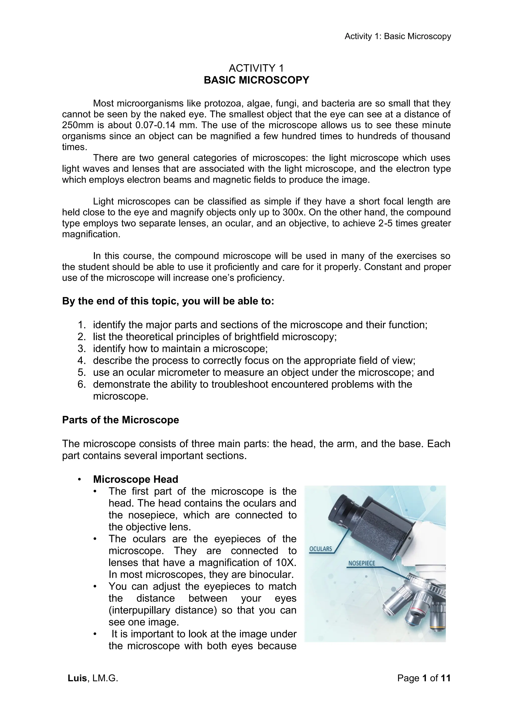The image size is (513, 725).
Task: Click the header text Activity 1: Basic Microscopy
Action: [397, 36]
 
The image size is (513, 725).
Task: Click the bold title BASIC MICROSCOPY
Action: [256, 80]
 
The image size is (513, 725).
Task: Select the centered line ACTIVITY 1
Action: [256, 68]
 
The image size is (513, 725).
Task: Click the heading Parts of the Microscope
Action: [120, 420]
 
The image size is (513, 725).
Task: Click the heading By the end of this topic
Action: [168, 301]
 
